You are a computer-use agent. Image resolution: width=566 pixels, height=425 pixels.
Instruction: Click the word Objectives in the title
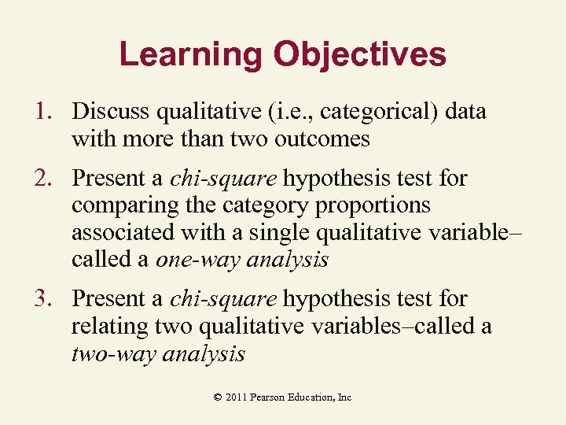(359, 55)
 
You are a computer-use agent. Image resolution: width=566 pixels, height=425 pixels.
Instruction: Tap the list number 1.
(45, 112)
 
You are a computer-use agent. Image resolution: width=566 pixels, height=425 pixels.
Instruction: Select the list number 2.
(45, 179)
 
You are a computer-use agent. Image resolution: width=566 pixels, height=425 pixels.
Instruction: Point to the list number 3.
(45, 299)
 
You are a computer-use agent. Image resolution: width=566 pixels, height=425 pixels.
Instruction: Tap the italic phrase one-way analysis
(241, 260)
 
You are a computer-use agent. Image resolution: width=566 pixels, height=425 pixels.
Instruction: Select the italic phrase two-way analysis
(158, 354)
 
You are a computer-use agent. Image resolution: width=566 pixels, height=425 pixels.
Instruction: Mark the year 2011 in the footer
(235, 397)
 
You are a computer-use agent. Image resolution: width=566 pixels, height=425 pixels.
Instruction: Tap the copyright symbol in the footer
(218, 397)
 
